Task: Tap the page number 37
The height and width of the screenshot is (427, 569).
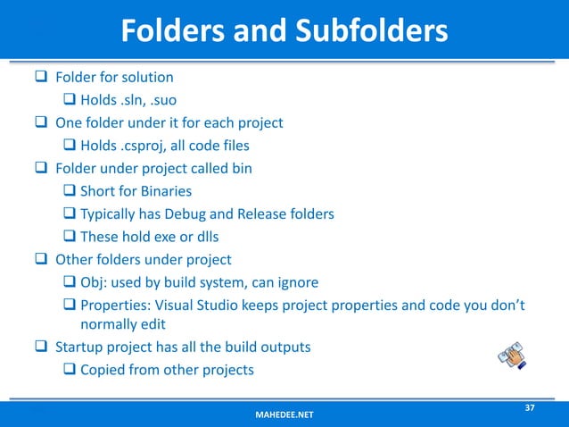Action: [x=529, y=408]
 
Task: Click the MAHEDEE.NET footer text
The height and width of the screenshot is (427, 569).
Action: [x=284, y=415]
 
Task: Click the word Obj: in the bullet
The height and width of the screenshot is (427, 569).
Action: [x=96, y=284]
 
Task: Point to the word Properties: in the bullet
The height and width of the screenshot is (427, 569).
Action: [x=119, y=306]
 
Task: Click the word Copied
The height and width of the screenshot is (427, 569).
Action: [x=104, y=370]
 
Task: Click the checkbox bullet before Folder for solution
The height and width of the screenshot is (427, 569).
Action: [x=41, y=77]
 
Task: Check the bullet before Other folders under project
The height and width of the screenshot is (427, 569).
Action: [x=41, y=261]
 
